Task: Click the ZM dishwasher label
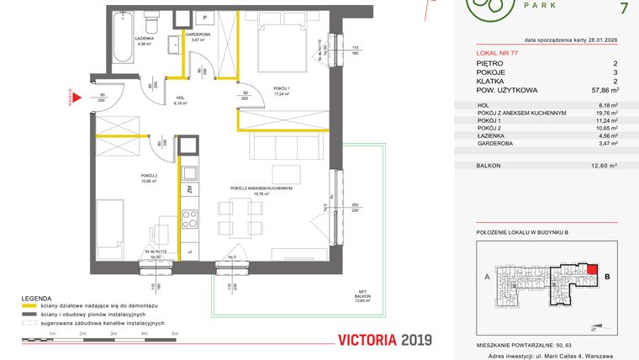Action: [x=190, y=190]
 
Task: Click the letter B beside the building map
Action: [x=607, y=274]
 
